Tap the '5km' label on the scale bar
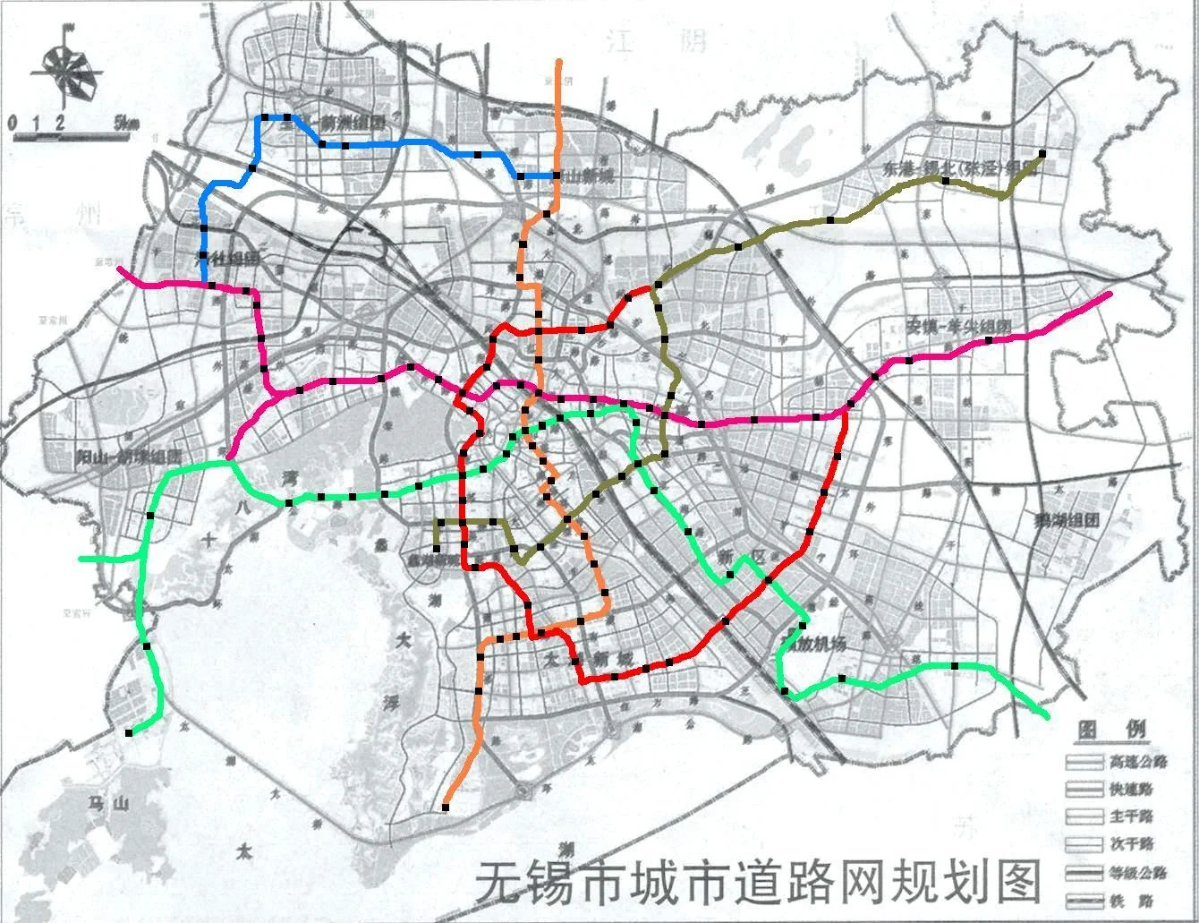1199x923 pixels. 126,124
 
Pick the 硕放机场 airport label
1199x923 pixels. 812,643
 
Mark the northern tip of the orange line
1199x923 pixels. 559,62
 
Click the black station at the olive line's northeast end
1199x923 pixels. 1042,153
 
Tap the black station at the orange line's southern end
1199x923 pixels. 446,808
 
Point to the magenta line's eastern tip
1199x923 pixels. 1110,295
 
